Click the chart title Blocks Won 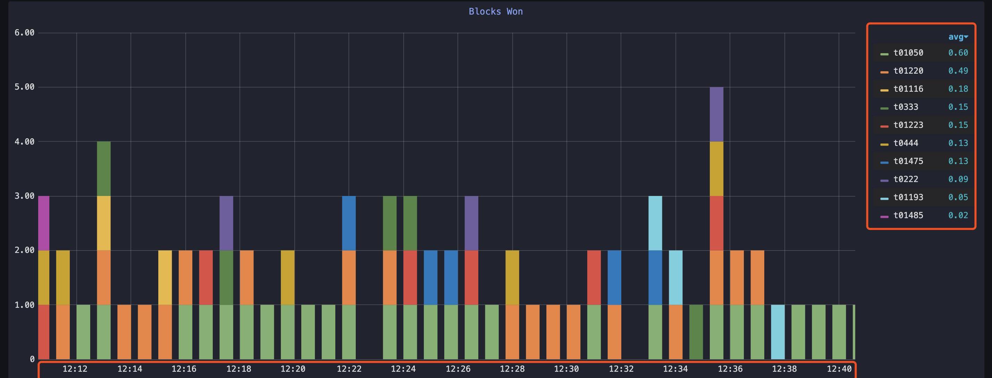pos(495,11)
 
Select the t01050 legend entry pos(908,53)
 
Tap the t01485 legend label pos(908,215)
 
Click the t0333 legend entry pos(905,107)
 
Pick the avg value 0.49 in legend pos(958,71)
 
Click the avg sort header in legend pos(958,37)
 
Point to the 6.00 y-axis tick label pos(24,33)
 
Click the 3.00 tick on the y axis pos(24,196)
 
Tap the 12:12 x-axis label pos(75,369)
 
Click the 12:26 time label pos(458,369)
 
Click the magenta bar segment pos(44,223)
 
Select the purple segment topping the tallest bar pos(716,114)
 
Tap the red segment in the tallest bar pos(716,223)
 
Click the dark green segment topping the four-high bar pos(103,169)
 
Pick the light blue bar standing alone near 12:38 pos(777,332)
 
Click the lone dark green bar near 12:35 pos(696,332)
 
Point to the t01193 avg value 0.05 pos(958,197)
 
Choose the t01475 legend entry pos(908,161)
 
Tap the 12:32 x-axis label pos(621,369)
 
